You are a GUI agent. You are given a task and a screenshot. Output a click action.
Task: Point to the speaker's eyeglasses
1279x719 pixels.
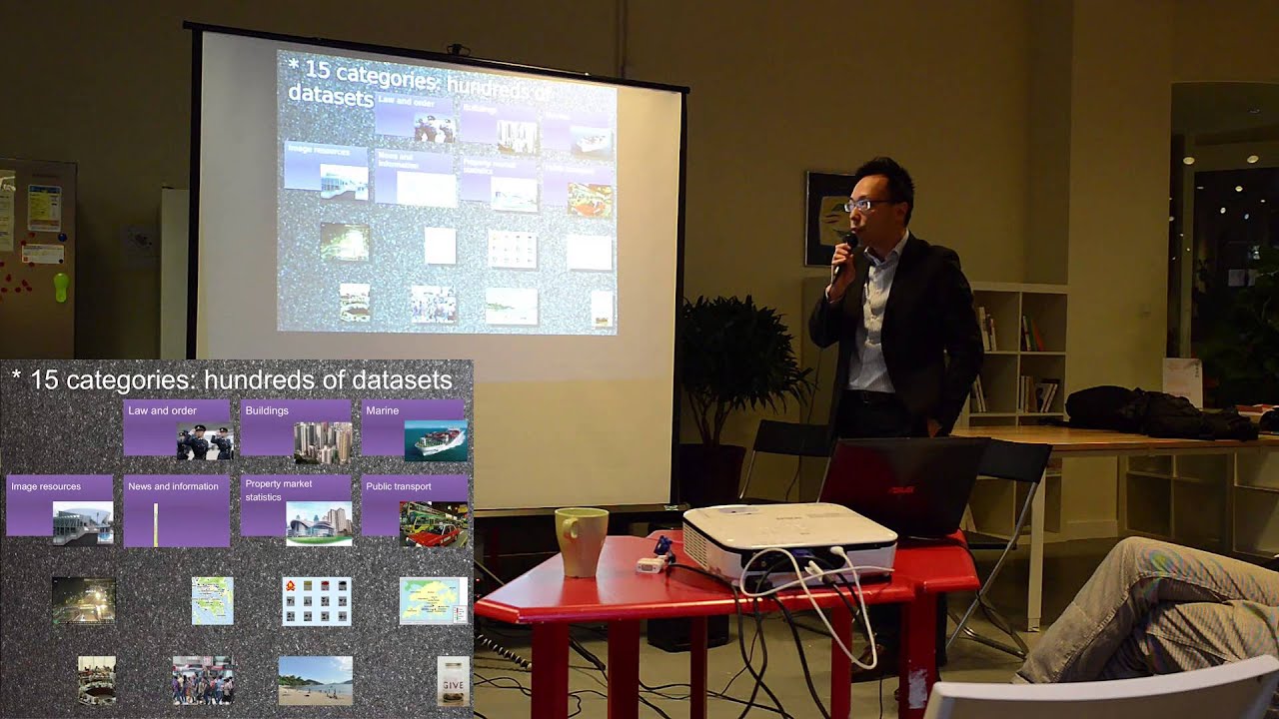(865, 205)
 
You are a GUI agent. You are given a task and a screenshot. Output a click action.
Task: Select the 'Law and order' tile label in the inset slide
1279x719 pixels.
(162, 410)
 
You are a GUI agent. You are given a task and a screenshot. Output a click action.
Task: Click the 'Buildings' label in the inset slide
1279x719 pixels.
(267, 410)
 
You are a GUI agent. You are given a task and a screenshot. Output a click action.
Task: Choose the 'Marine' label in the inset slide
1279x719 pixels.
(383, 410)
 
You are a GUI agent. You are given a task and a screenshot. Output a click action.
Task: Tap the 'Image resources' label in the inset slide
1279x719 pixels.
(46, 486)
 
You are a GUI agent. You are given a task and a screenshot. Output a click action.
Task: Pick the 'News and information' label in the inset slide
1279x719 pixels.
(173, 486)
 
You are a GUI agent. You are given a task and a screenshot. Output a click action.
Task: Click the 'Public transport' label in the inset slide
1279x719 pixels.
(399, 486)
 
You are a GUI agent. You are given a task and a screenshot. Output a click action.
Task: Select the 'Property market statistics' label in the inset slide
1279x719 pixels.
(279, 489)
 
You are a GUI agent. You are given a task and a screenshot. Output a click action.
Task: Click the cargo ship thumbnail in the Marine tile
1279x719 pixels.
(436, 440)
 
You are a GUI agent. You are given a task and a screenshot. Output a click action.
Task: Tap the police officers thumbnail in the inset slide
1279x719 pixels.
(205, 441)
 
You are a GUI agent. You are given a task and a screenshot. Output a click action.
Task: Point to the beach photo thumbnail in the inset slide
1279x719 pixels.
(315, 680)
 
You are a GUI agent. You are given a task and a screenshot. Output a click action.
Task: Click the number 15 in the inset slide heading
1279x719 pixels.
(45, 380)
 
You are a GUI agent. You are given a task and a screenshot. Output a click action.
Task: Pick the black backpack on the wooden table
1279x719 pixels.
(1149, 411)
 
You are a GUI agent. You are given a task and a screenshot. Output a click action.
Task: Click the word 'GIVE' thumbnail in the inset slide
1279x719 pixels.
(453, 681)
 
